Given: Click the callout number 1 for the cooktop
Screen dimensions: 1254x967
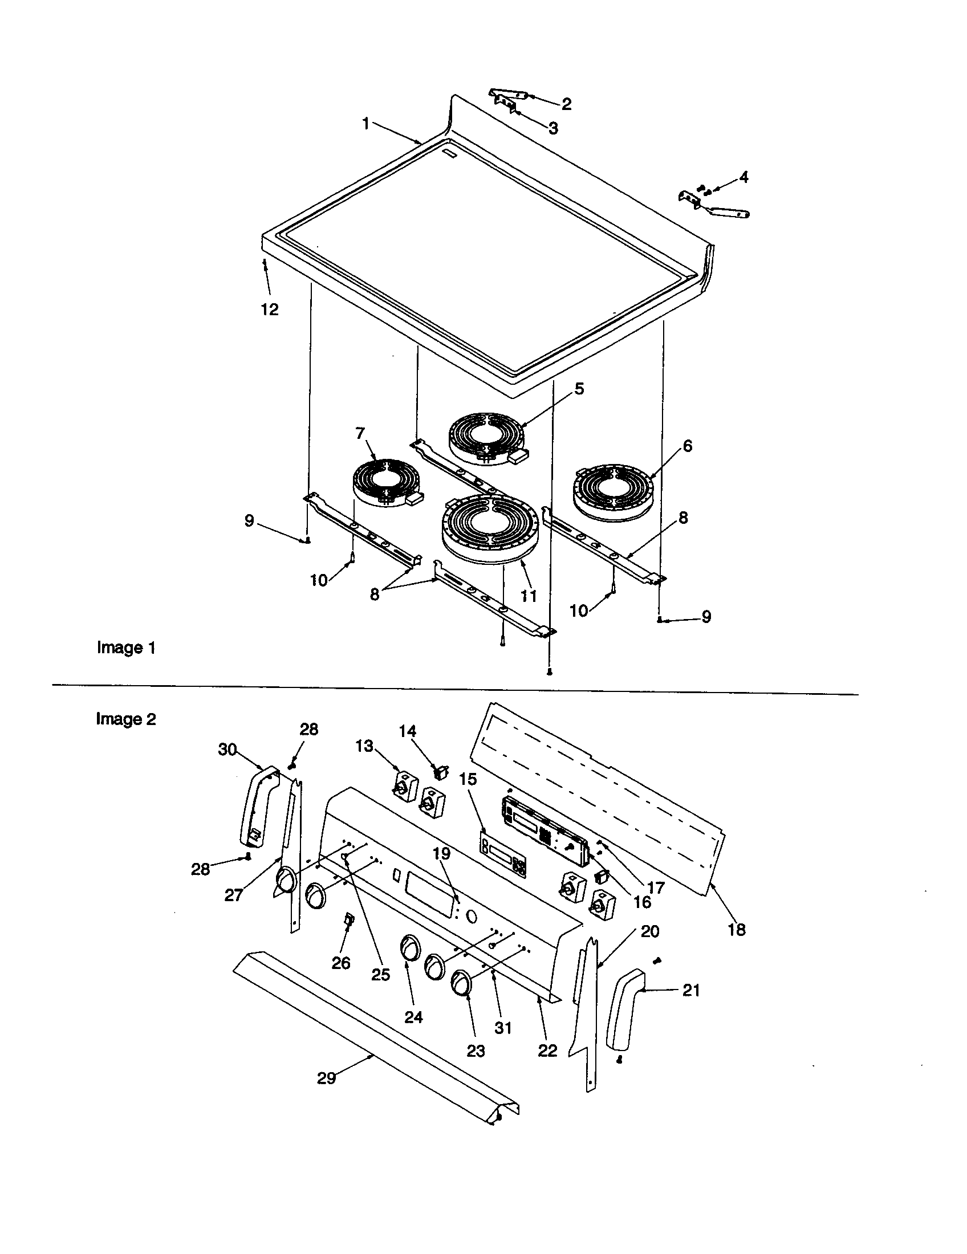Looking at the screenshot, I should [x=365, y=124].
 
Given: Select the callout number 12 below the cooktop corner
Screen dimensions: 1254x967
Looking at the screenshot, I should [x=269, y=310].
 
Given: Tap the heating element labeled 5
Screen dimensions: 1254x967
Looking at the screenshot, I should [x=486, y=438].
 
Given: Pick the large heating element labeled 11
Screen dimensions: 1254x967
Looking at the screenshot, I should [x=490, y=527].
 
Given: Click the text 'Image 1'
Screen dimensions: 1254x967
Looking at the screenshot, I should [x=127, y=648].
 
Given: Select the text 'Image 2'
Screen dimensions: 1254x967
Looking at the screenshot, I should [x=126, y=719].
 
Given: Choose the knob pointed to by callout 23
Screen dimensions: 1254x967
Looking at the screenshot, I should [x=462, y=983].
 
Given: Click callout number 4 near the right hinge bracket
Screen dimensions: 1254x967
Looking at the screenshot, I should [x=743, y=177].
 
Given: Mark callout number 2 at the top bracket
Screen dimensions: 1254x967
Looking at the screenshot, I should [x=566, y=104].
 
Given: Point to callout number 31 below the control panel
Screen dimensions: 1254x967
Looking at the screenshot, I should [x=503, y=1027].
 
